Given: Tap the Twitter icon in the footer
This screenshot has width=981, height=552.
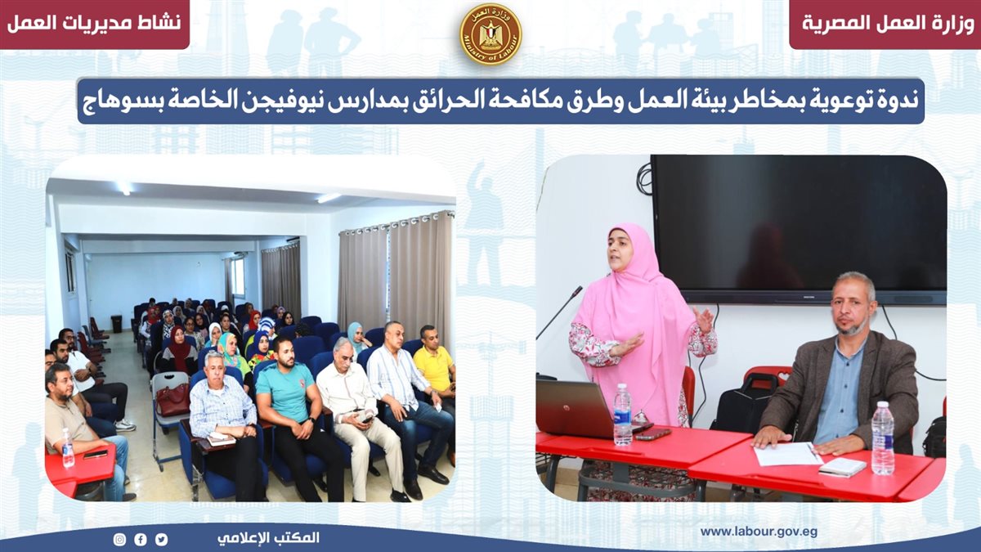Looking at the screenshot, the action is pos(161,539).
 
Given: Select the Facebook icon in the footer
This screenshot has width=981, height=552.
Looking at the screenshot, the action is pos(140,539).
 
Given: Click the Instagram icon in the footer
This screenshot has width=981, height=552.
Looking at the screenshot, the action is pos(119,539).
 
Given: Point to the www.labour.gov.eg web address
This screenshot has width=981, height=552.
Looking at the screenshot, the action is pos(759,532).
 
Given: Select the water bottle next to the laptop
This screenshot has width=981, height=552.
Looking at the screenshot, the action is pos(622,415).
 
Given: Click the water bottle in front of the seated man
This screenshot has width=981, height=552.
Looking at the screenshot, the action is pos(882,438).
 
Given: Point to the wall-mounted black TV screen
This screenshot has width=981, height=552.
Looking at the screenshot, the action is pos(799,229).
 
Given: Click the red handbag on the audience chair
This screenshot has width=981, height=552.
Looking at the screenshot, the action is pos(172,400).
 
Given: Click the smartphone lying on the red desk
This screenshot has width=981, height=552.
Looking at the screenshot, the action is pos(652,433).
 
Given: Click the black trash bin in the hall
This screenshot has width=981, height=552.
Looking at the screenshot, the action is pos(117,324).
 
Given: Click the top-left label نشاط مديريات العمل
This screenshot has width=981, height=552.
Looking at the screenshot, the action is pos(94,23).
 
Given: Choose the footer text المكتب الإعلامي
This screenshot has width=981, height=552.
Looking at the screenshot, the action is pos(268,538).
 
